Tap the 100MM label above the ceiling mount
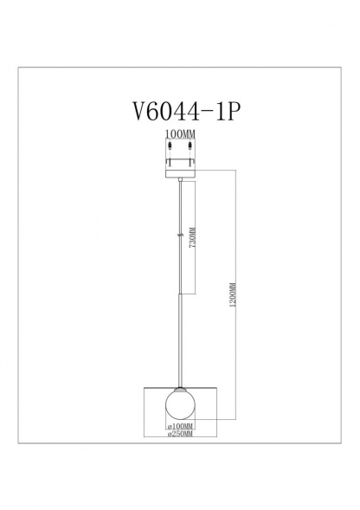pos(180,135)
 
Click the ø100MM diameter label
pos(180,427)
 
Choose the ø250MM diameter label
pos(180,435)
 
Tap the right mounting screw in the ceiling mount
pos(192,158)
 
